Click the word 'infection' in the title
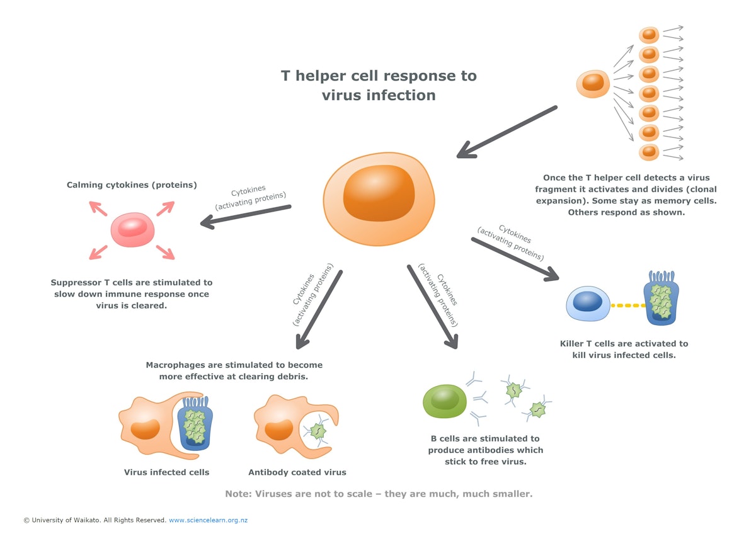405,96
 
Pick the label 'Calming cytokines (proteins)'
132,185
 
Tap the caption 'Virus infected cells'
166,472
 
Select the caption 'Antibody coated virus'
297,472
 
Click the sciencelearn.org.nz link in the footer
208,521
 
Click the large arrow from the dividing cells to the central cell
506,132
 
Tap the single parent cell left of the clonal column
593,82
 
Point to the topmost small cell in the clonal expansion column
649,35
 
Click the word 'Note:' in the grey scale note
239,494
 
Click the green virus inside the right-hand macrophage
318,431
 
